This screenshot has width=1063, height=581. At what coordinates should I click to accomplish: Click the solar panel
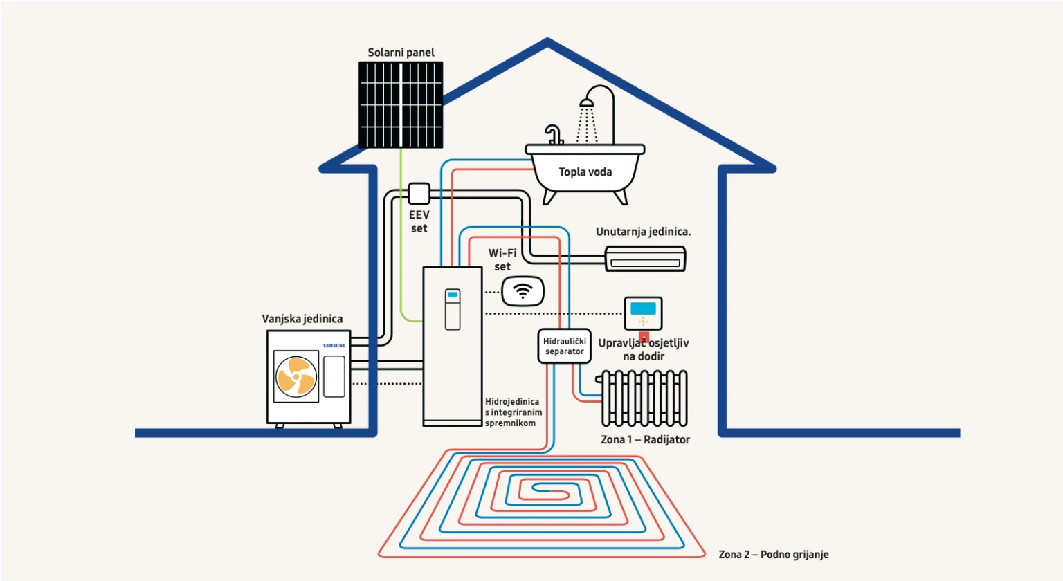pyautogui.click(x=401, y=104)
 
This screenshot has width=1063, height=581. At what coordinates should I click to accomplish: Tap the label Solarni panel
pyautogui.click(x=401, y=53)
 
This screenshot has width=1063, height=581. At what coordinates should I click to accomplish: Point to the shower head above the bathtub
pyautogui.click(x=587, y=103)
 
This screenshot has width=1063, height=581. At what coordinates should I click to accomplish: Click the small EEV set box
pyautogui.click(x=419, y=193)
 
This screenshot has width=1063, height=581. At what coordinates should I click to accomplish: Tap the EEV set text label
pyautogui.click(x=419, y=221)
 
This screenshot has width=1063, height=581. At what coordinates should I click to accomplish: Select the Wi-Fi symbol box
pyautogui.click(x=523, y=291)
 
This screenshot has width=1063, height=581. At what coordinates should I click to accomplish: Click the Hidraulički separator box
pyautogui.click(x=565, y=346)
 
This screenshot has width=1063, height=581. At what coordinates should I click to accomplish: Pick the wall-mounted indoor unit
pyautogui.click(x=645, y=259)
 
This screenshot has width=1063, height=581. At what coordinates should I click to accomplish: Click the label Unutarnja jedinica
pyautogui.click(x=643, y=232)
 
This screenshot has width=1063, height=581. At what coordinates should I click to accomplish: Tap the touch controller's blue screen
pyautogui.click(x=643, y=308)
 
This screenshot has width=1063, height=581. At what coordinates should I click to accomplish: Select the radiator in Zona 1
pyautogui.click(x=644, y=398)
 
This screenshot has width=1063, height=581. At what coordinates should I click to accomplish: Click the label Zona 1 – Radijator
pyautogui.click(x=645, y=440)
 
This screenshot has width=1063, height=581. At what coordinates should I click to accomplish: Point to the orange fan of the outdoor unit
pyautogui.click(x=296, y=376)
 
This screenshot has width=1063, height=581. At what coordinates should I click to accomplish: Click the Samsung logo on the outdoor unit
pyautogui.click(x=334, y=345)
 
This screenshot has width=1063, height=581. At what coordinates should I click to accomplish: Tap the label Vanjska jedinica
pyautogui.click(x=302, y=319)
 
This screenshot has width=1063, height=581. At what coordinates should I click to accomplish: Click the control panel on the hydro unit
pyautogui.click(x=453, y=309)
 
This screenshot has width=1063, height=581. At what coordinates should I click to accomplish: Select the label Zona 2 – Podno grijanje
pyautogui.click(x=773, y=555)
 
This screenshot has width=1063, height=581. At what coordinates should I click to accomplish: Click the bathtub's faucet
pyautogui.click(x=553, y=134)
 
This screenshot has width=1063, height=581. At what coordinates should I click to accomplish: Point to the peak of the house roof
pyautogui.click(x=547, y=43)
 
